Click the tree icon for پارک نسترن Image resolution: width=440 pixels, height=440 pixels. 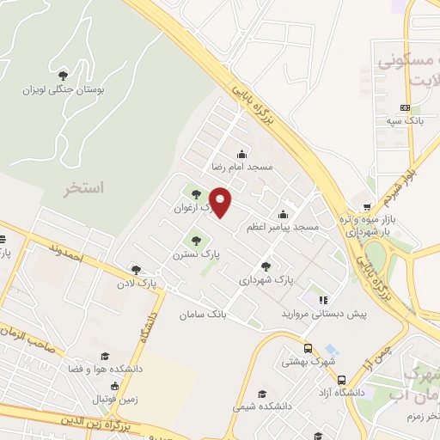click(x=196, y=241)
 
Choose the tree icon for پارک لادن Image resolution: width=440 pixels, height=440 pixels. click(x=136, y=269)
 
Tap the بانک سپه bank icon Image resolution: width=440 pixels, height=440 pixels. click(x=405, y=107)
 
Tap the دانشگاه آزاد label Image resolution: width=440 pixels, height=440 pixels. click(x=343, y=392)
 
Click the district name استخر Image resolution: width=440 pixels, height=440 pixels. click(x=83, y=187)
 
